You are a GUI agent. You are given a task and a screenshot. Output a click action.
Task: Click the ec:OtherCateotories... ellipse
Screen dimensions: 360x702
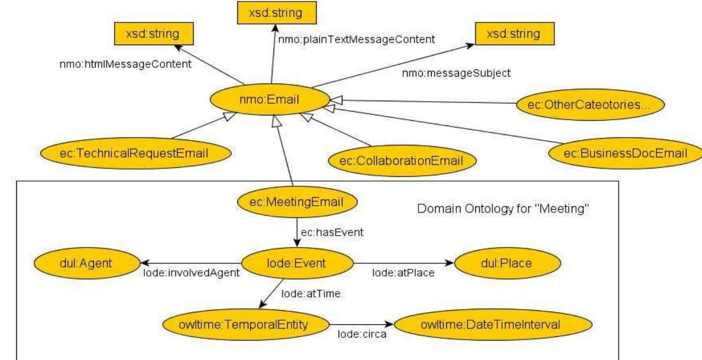pyautogui.click(x=590, y=104)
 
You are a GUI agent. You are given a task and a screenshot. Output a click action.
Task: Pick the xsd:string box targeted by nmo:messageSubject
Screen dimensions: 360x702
pyautogui.click(x=507, y=35)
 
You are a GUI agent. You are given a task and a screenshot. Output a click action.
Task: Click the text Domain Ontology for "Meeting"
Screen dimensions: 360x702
pyautogui.click(x=504, y=208)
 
